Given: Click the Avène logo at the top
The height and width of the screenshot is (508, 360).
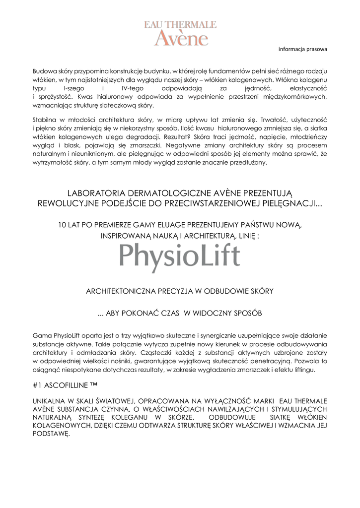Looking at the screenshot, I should coord(180,33).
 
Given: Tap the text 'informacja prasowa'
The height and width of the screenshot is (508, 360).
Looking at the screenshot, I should coord(303,49).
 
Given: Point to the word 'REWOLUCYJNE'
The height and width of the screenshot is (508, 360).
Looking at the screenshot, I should coord(68,203).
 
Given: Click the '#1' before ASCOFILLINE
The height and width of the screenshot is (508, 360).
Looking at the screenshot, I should coord(37,385).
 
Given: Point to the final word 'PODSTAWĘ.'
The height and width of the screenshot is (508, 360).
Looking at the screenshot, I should coord(51,434).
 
